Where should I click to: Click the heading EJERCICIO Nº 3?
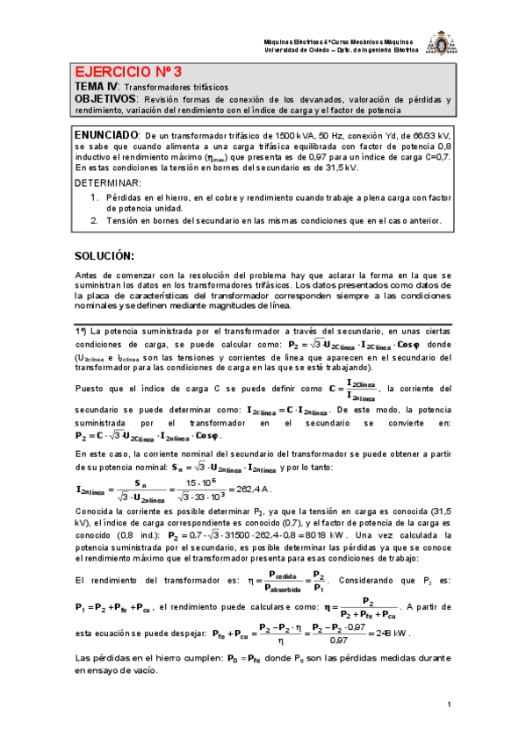(127, 72)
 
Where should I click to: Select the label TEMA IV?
(94, 88)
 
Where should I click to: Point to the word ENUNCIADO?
(106, 134)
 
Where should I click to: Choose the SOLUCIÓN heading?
(104, 255)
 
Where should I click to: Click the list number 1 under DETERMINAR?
(94, 197)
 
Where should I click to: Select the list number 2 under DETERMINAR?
(94, 220)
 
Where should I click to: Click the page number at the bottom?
(448, 705)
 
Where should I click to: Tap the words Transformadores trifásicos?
(175, 89)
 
